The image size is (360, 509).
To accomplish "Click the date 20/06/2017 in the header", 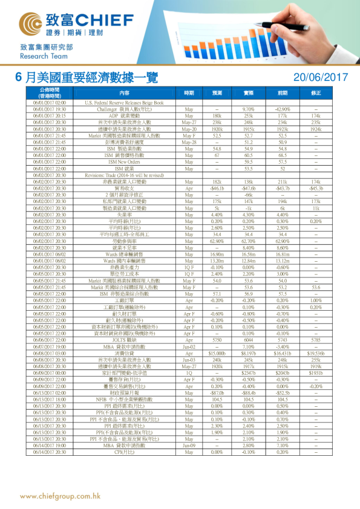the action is coord(320,77).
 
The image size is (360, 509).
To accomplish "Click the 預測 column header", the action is coord(217,93).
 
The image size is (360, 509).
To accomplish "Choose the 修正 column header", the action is coord(316,93).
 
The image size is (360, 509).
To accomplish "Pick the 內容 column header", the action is coord(125,93).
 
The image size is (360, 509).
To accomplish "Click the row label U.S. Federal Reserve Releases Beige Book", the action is coord(125,103).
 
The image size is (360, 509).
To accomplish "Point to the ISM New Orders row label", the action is coord(125,163).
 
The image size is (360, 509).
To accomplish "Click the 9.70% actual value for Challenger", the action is coord(248,109).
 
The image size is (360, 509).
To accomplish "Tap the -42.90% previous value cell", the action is coord(282,109).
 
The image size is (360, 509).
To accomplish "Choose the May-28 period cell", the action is coord(189,143).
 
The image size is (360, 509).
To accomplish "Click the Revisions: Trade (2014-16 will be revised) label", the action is coord(125,175).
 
